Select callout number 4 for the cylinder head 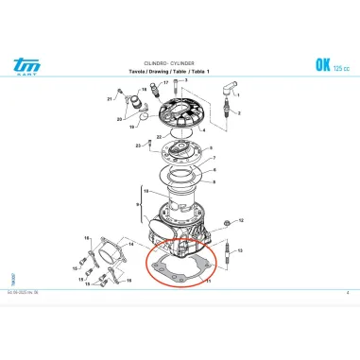pyautogui.click(x=204, y=129)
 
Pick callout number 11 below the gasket pyautogui.click(x=209, y=282)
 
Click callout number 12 pyautogui.click(x=241, y=219)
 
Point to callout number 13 pyautogui.click(x=241, y=250)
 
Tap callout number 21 pyautogui.click(x=110, y=98)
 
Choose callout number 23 pyautogui.click(x=138, y=145)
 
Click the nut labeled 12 pyautogui.click(x=228, y=224)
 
